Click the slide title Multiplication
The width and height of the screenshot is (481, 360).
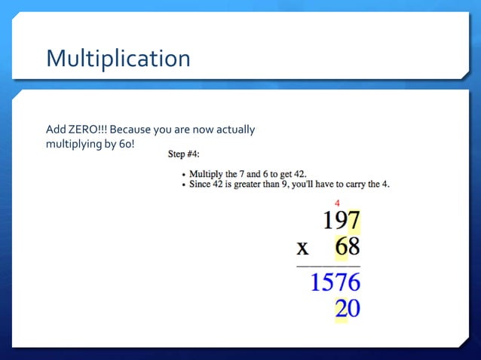118,58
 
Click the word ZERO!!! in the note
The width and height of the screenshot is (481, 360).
90,130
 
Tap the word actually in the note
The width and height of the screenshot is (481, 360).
236,130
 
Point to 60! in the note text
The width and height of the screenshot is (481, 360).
125,143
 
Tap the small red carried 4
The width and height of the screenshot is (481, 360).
337,203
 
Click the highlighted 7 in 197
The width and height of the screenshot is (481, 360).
353,221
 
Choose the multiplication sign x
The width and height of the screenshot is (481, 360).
302,248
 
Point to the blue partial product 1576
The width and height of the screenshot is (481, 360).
335,282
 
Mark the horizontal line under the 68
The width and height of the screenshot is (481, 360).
328,266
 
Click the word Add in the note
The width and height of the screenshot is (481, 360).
56,130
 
